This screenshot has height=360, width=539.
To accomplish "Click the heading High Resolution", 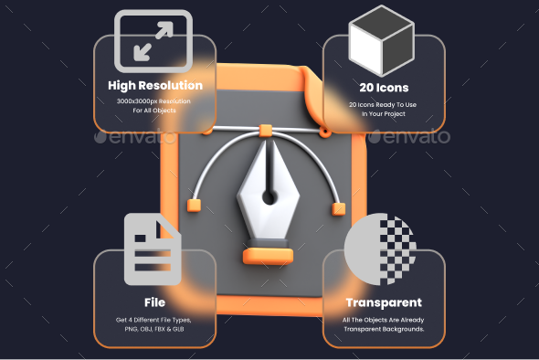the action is (154, 86).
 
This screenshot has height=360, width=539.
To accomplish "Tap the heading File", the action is (154, 302).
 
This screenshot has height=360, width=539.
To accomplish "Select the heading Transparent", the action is (384, 302).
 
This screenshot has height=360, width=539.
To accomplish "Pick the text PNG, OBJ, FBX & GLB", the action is (154, 330).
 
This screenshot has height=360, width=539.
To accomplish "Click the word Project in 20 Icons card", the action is (399, 115).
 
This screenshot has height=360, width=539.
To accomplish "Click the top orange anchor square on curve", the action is (266, 129).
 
